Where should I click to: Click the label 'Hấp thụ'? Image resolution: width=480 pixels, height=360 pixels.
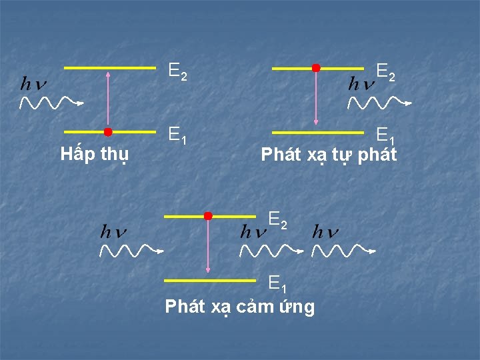coord(95,155)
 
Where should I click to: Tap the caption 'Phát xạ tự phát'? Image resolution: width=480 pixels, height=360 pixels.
coord(329,155)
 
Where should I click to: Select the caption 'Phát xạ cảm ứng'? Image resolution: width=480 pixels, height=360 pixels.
coord(239,307)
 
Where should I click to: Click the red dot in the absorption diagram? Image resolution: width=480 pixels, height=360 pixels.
coord(108,132)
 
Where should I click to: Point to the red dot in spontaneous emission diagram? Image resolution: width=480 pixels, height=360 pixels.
coord(316,68)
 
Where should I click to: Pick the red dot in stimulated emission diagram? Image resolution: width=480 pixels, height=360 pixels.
coord(208,216)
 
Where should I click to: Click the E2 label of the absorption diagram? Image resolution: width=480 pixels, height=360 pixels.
coord(178,71)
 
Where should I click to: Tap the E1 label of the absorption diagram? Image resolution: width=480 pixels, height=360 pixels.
coord(177,135)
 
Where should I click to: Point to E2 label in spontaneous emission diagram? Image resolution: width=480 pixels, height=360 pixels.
coord(386,71)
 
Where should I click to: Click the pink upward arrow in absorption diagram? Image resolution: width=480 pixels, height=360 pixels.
coord(108,100)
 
